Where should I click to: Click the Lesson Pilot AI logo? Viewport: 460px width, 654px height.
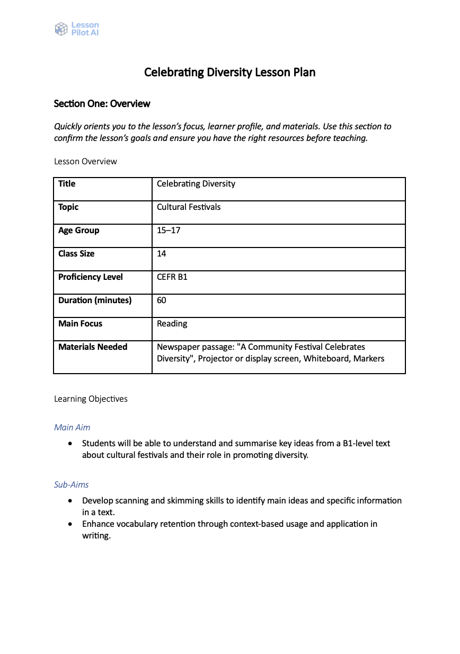click(x=77, y=29)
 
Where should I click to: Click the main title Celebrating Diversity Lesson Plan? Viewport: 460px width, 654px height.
click(x=229, y=72)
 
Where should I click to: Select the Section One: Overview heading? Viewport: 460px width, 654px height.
click(x=102, y=104)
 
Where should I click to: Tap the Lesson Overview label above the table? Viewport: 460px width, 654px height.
click(x=85, y=161)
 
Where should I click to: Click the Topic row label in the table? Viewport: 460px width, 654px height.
click(x=68, y=207)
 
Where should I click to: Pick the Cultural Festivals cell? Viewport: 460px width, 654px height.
click(x=189, y=207)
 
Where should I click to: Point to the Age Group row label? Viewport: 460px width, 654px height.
click(x=78, y=230)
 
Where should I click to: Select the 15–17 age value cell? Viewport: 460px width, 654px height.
click(x=169, y=230)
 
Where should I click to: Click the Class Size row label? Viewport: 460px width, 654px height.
click(x=76, y=253)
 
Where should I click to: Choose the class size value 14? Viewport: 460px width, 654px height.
click(x=162, y=253)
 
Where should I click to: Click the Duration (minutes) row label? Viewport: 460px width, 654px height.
click(x=95, y=300)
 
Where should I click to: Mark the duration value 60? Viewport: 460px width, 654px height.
click(x=162, y=300)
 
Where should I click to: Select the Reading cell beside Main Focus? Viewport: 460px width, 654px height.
click(x=172, y=323)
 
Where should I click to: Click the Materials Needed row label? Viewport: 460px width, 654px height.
click(x=93, y=347)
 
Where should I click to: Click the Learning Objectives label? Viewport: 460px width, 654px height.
click(x=91, y=399)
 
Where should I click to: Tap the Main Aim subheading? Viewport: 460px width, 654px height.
click(x=72, y=427)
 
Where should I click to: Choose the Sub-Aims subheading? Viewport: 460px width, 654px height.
click(x=71, y=484)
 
